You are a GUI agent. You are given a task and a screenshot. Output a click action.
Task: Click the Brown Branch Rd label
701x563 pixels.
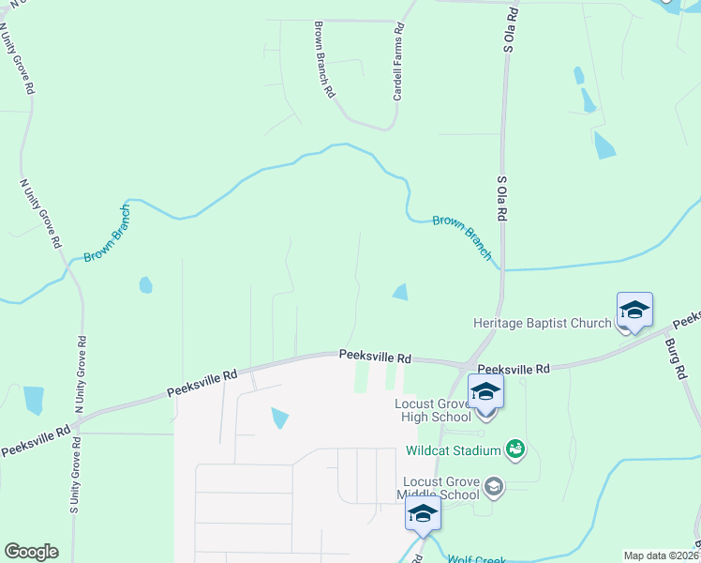coord(324,60)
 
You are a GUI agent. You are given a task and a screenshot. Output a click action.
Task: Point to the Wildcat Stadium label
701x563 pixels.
coord(454,449)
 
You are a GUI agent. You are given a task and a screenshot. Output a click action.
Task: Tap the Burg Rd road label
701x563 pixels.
coord(679,353)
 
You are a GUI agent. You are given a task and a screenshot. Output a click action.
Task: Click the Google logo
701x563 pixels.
coord(31,552)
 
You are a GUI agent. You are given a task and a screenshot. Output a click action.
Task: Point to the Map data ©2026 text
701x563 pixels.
coord(661,555)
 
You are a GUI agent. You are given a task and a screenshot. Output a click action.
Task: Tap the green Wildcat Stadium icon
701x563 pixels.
coord(515,449)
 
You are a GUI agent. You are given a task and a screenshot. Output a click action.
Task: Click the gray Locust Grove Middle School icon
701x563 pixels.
coord(495,486)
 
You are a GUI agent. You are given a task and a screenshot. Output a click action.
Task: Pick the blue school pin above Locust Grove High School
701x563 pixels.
coord(485,391)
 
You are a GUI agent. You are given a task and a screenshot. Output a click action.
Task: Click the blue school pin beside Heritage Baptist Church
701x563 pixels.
coord(634,311)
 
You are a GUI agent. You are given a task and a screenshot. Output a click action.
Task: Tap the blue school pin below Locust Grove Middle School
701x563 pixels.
coord(423,515)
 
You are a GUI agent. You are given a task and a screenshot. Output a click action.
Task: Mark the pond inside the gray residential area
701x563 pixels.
coord(279,418)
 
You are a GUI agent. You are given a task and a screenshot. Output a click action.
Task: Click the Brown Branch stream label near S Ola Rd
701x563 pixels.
coord(462,236)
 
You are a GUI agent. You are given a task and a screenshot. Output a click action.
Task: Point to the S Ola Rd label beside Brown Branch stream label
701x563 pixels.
coord(501,197)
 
